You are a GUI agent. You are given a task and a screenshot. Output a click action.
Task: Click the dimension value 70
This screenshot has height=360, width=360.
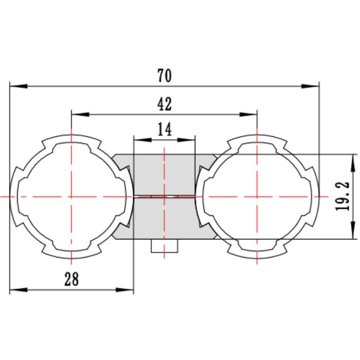(165, 76)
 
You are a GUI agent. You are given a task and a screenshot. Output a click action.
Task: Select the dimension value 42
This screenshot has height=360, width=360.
(165, 104)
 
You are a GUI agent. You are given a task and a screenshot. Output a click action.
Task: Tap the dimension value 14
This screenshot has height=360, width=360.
(165, 130)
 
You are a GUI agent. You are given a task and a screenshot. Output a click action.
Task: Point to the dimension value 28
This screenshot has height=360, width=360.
(71, 279)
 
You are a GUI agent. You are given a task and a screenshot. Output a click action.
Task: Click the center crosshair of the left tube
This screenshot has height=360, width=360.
(71, 197)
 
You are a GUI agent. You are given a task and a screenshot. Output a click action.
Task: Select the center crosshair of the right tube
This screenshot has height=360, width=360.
(256, 197)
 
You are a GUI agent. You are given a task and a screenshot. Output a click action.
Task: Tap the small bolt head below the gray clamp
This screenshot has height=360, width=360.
(165, 246)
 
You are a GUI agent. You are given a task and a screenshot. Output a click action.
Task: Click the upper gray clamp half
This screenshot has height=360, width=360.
(165, 174)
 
